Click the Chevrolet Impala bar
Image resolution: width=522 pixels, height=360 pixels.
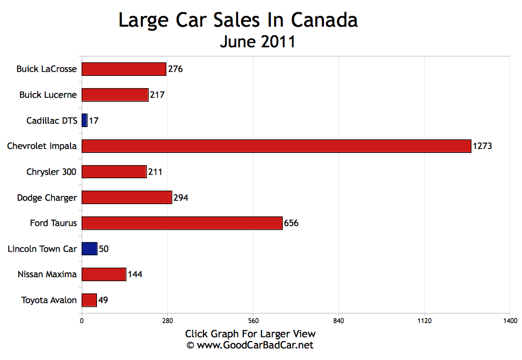[x=276, y=146]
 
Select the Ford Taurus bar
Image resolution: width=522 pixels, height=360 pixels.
[x=182, y=223]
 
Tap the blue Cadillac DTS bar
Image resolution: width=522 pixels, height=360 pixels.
[x=84, y=121]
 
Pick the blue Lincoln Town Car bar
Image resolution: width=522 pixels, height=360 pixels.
[x=89, y=249]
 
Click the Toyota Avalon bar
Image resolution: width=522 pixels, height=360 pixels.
[x=89, y=300]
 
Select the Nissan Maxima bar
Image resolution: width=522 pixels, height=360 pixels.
[x=103, y=274]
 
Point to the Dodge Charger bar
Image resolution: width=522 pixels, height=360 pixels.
[x=126, y=198]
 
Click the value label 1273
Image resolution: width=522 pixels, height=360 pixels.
[x=482, y=146]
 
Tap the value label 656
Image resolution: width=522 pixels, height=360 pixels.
[x=291, y=223]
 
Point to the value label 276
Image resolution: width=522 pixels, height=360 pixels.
[x=175, y=69]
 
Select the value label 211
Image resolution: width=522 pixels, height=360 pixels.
[x=155, y=172]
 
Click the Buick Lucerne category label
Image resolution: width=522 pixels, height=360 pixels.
[x=48, y=95]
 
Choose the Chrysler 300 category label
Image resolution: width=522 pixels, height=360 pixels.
[x=51, y=172]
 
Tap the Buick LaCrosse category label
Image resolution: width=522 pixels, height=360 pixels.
[x=46, y=69]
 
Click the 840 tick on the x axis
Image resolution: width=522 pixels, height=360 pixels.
[x=339, y=321]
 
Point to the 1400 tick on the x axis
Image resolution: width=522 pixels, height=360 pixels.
[x=510, y=321]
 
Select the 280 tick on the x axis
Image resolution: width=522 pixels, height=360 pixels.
[x=167, y=321]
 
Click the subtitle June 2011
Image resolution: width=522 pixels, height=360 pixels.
[x=257, y=42]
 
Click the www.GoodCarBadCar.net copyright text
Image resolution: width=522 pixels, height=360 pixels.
[x=250, y=345]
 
